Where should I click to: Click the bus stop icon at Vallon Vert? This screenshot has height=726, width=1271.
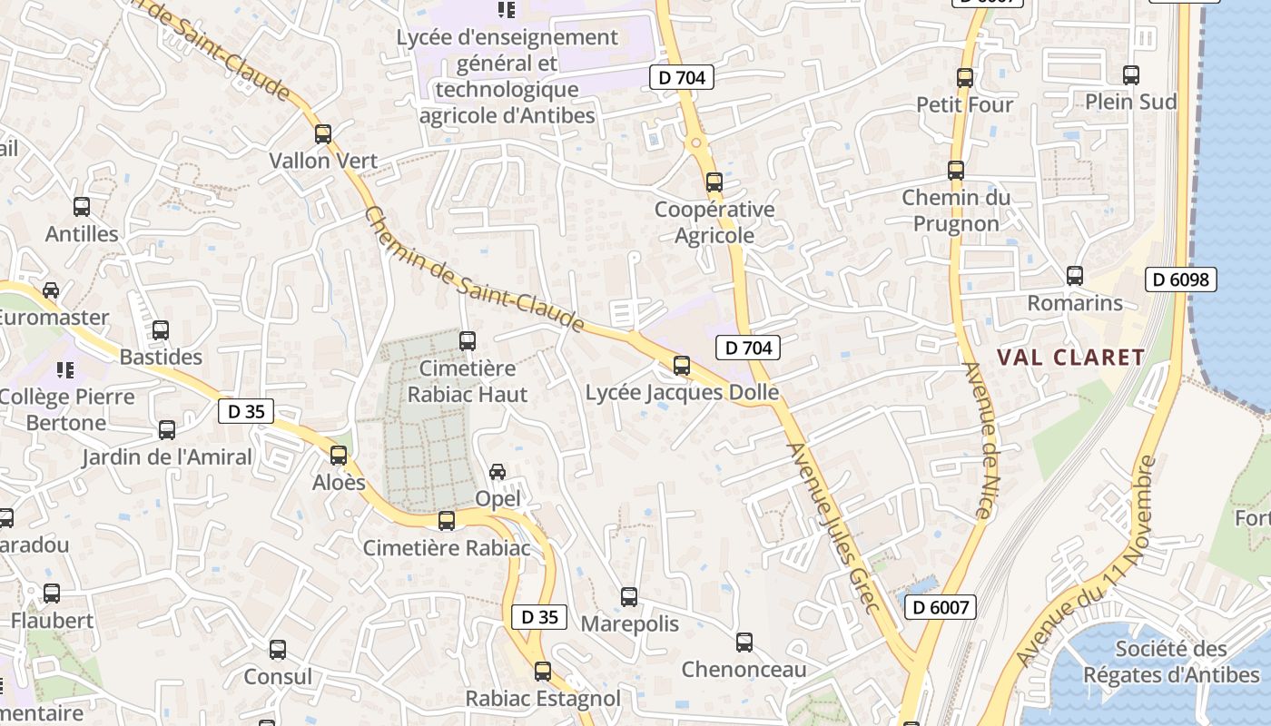click(323, 134)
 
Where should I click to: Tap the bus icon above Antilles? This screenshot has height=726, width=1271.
click(82, 207)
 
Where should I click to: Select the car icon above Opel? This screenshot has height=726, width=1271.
click(498, 472)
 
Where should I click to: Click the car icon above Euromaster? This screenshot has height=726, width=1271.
click(51, 290)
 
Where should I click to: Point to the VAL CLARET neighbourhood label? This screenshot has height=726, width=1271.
click(1071, 358)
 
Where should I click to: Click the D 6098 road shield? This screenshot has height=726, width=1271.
click(1180, 280)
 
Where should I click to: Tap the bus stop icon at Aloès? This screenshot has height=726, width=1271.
click(339, 456)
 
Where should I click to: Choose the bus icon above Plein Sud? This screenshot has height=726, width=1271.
click(1131, 75)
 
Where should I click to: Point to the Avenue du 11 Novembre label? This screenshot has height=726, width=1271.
click(1085, 563)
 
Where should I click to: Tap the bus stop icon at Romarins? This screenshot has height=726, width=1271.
click(1075, 276)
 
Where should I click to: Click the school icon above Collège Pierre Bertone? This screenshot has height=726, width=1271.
click(65, 370)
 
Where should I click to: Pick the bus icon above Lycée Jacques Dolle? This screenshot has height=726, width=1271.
click(682, 366)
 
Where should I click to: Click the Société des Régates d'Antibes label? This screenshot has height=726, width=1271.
click(1171, 662)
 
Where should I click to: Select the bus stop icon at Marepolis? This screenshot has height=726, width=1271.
click(629, 597)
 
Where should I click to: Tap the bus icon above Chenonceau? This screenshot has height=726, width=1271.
click(744, 643)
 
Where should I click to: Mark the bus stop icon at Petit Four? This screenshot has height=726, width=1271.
click(965, 78)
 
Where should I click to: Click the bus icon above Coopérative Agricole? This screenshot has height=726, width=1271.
click(714, 182)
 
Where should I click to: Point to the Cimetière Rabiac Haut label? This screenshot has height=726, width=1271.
click(468, 381)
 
